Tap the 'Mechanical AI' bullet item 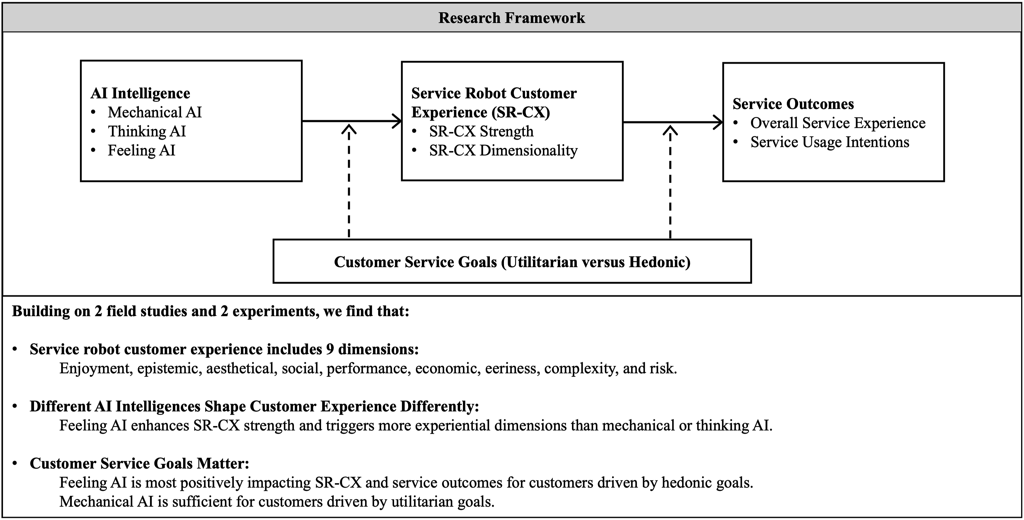(155, 113)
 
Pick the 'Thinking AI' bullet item (147, 132)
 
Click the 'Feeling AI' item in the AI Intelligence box (142, 151)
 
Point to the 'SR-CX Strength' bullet (481, 132)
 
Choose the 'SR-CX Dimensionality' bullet (503, 151)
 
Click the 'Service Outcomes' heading (793, 104)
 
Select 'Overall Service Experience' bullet (838, 123)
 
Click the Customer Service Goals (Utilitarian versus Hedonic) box (512, 261)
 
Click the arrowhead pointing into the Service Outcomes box (718, 122)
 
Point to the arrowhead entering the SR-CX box (397, 121)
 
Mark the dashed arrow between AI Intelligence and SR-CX (349, 181)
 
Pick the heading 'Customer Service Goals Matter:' (139, 463)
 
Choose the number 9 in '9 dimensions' (330, 349)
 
